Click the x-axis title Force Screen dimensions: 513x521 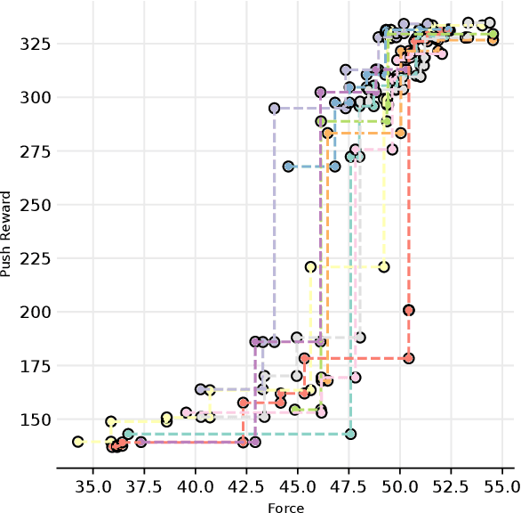click(x=285, y=508)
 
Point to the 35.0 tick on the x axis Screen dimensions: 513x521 click(x=92, y=487)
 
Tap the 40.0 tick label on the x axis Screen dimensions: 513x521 click(x=195, y=487)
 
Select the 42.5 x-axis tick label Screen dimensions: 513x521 click(x=245, y=487)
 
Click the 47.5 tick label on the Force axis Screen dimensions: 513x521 click(x=349, y=487)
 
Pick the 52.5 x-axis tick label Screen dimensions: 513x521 click(x=451, y=487)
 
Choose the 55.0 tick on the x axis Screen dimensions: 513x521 click(x=502, y=487)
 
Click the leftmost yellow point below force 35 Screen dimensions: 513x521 click(x=78, y=442)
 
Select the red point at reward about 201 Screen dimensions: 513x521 click(x=409, y=310)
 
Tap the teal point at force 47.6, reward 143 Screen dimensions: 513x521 click(x=350, y=434)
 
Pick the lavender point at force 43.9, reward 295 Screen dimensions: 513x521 click(x=275, y=108)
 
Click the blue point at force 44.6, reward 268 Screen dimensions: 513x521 click(x=289, y=167)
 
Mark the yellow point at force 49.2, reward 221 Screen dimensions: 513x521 click(x=384, y=266)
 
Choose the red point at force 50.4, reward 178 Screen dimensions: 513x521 click(x=408, y=358)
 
